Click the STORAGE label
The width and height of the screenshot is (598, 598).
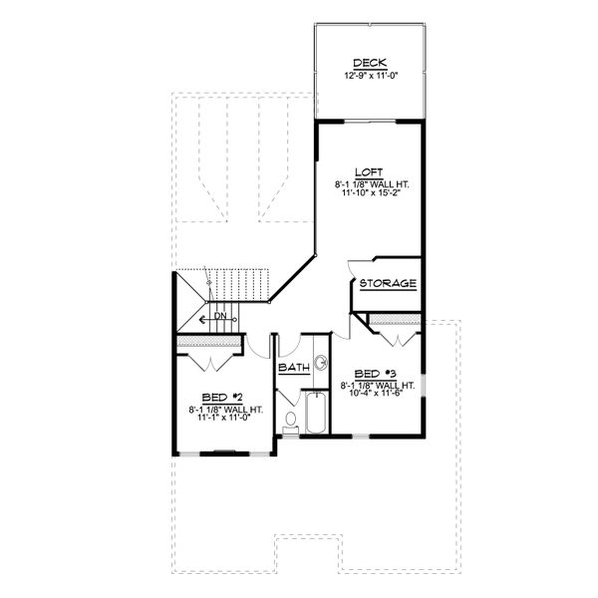(388, 284)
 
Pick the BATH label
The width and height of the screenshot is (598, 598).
(294, 368)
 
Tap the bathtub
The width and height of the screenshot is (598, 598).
(314, 414)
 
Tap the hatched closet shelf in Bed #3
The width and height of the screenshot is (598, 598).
(393, 319)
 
